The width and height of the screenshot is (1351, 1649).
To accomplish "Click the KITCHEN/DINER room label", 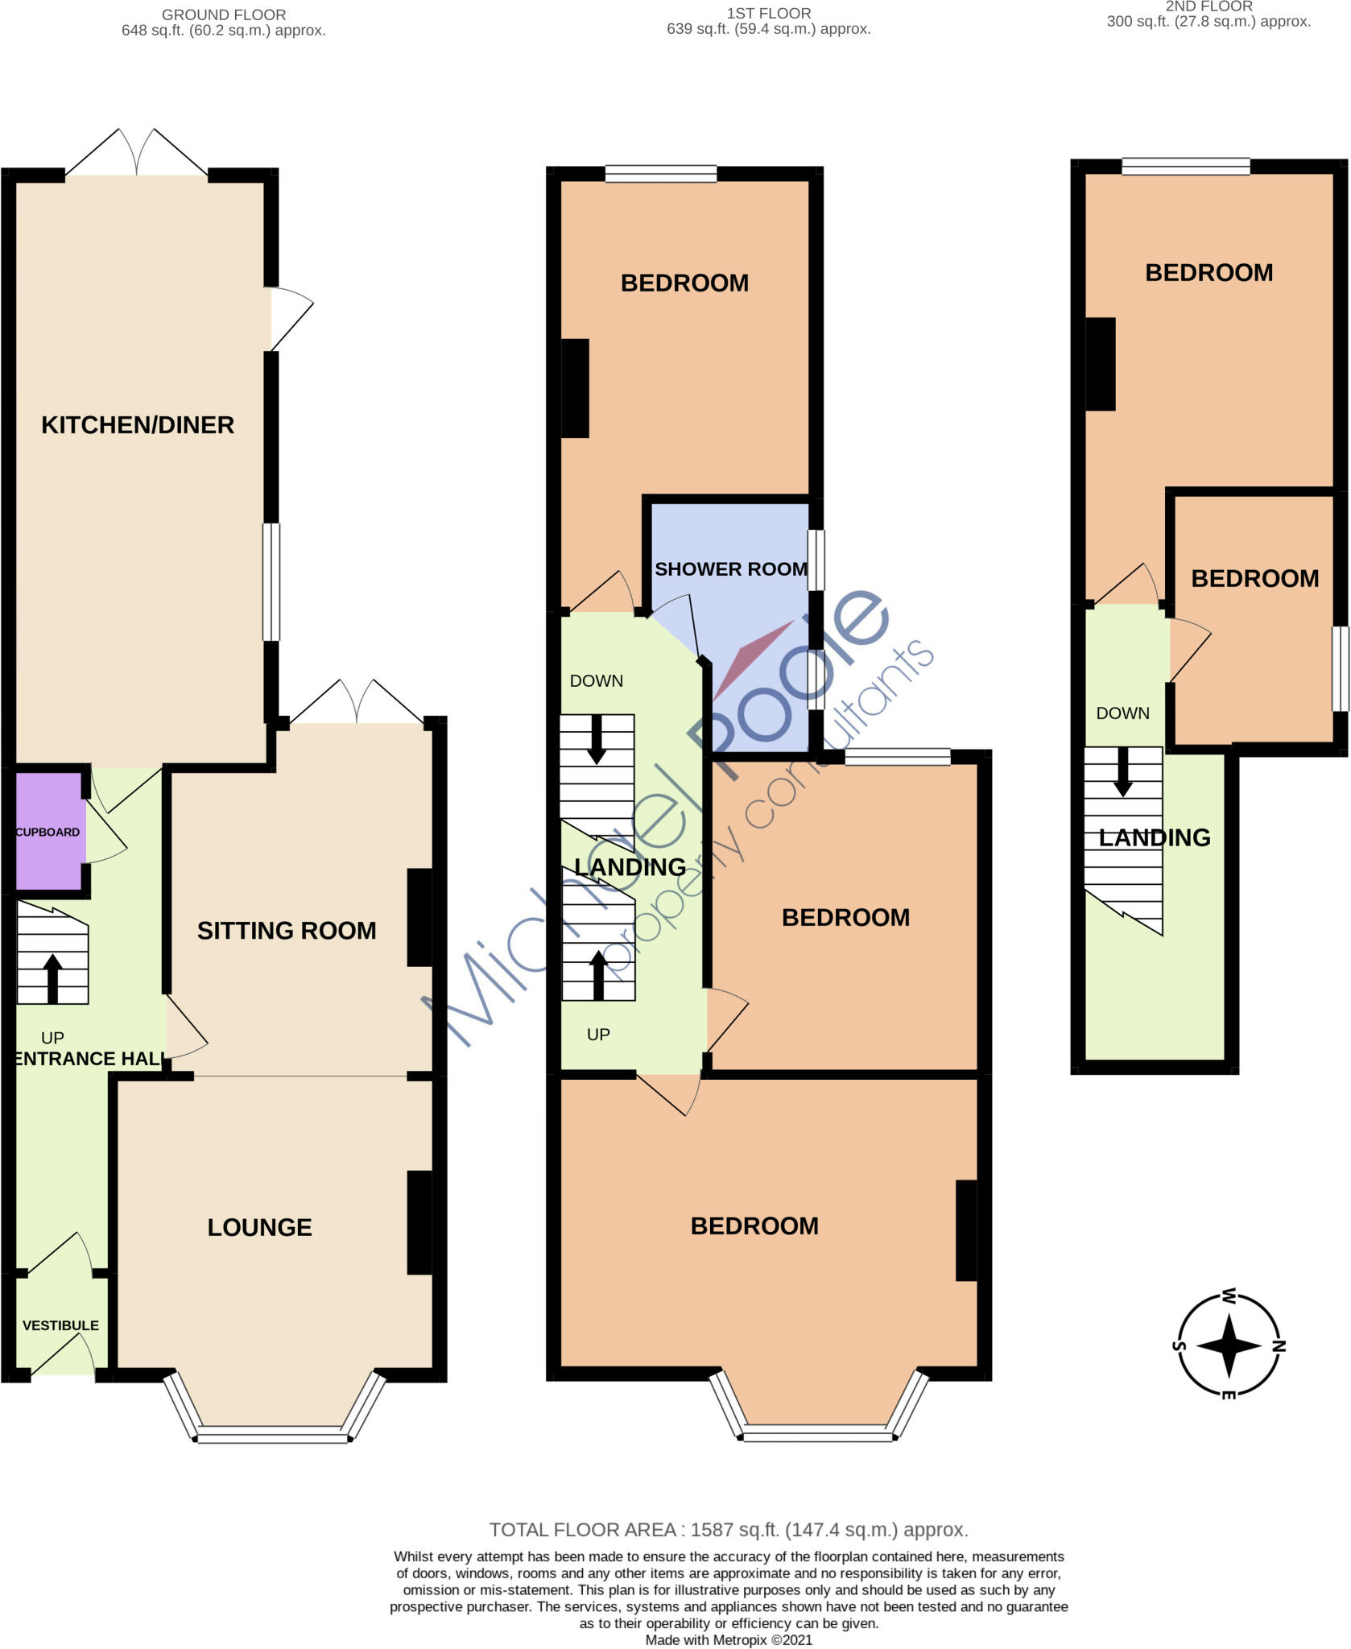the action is (138, 425).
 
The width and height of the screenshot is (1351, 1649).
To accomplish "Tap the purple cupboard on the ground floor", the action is (49, 831).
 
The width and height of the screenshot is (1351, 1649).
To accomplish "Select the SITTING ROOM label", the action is (287, 931).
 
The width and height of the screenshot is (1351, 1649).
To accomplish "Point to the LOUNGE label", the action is (259, 1227).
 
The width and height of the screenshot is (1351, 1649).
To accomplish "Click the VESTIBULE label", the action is (60, 1325).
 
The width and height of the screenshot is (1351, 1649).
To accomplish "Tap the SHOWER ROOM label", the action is (731, 569).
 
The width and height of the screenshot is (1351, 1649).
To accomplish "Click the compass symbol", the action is (1229, 1345).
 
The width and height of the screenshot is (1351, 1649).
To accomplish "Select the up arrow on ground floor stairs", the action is (52, 978).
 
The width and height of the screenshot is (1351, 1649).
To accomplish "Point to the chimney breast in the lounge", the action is (419, 1222).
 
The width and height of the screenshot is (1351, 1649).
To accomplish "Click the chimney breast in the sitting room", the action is (419, 917).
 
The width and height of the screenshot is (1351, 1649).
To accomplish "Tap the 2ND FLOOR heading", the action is (1208, 6).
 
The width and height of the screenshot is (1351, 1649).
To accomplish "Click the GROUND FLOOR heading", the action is (224, 14).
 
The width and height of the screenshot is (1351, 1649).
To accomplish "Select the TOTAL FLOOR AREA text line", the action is (729, 1530).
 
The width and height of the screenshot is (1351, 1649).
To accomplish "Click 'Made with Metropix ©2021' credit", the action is (729, 1640).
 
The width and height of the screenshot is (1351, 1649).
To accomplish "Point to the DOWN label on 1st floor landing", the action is (597, 681).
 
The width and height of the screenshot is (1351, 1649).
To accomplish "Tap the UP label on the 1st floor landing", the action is (598, 1035).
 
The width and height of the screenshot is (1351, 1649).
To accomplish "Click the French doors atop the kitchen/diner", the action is (137, 152).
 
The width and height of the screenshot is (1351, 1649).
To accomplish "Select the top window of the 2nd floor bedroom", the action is (1186, 167).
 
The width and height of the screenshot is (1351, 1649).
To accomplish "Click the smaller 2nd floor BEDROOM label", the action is (1255, 579).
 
